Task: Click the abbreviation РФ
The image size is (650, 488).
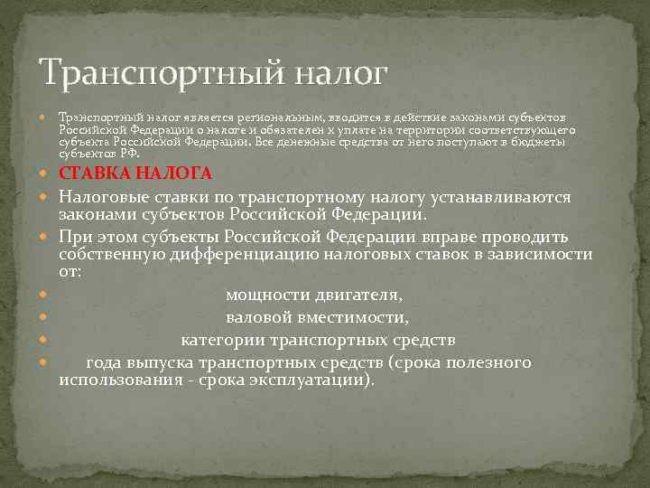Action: (x=129, y=154)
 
